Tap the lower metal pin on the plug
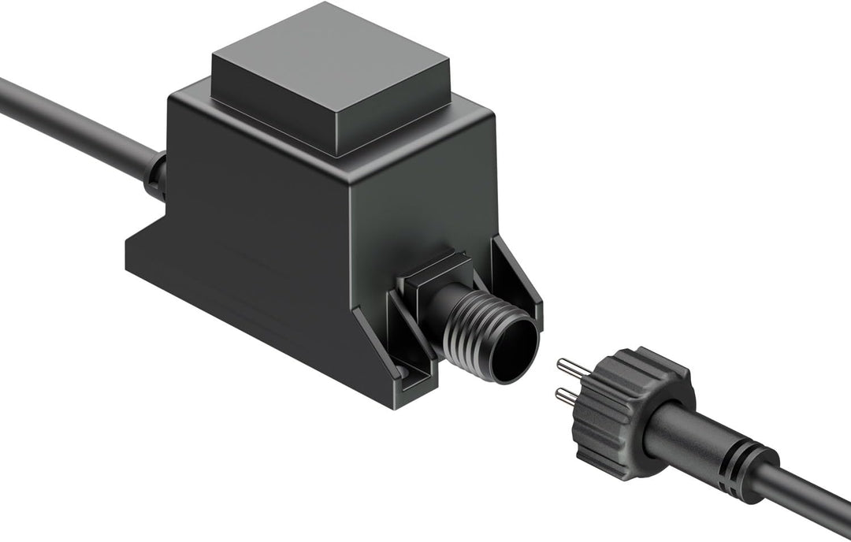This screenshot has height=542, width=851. click(x=570, y=395)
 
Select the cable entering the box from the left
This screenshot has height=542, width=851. click(x=71, y=122)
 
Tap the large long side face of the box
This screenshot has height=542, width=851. click(x=260, y=221)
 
